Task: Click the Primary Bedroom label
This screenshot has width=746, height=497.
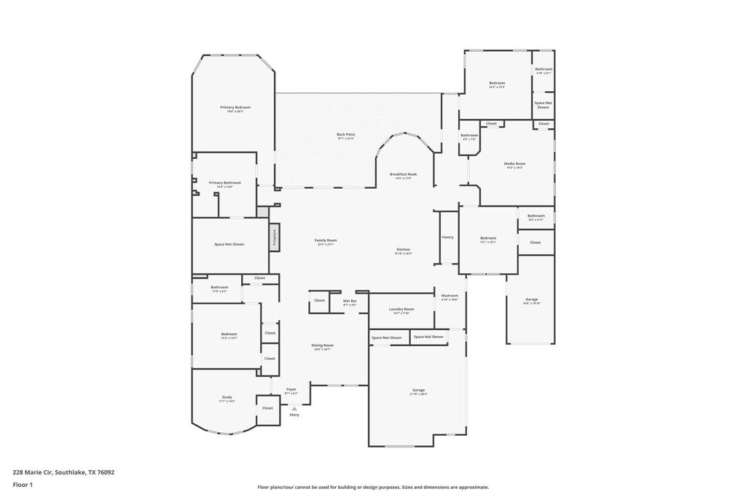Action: [235, 108]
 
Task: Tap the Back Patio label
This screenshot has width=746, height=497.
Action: [346, 135]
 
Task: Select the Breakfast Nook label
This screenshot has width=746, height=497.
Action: [403, 175]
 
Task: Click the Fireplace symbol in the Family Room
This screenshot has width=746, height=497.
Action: [275, 238]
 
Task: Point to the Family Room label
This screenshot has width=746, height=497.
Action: [326, 240]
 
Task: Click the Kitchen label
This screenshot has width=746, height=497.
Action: [404, 250]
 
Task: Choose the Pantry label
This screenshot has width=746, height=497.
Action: [448, 237]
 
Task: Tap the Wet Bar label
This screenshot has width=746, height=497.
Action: [350, 301]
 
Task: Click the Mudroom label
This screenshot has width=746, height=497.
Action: [449, 296]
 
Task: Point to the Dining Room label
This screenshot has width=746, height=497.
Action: [323, 345]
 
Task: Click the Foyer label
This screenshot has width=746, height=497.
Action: [291, 390]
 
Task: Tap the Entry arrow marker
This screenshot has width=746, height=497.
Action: [294, 409]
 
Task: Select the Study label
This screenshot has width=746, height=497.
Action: [227, 397]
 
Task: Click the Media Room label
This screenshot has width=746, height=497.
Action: [515, 164]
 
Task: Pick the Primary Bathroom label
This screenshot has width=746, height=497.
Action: [224, 183]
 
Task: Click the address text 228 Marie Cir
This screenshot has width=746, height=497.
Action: [63, 471]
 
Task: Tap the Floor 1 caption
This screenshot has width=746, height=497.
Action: [24, 484]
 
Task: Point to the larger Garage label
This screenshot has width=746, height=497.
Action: [418, 391]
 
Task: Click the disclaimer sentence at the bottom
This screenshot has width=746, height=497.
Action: [373, 487]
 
